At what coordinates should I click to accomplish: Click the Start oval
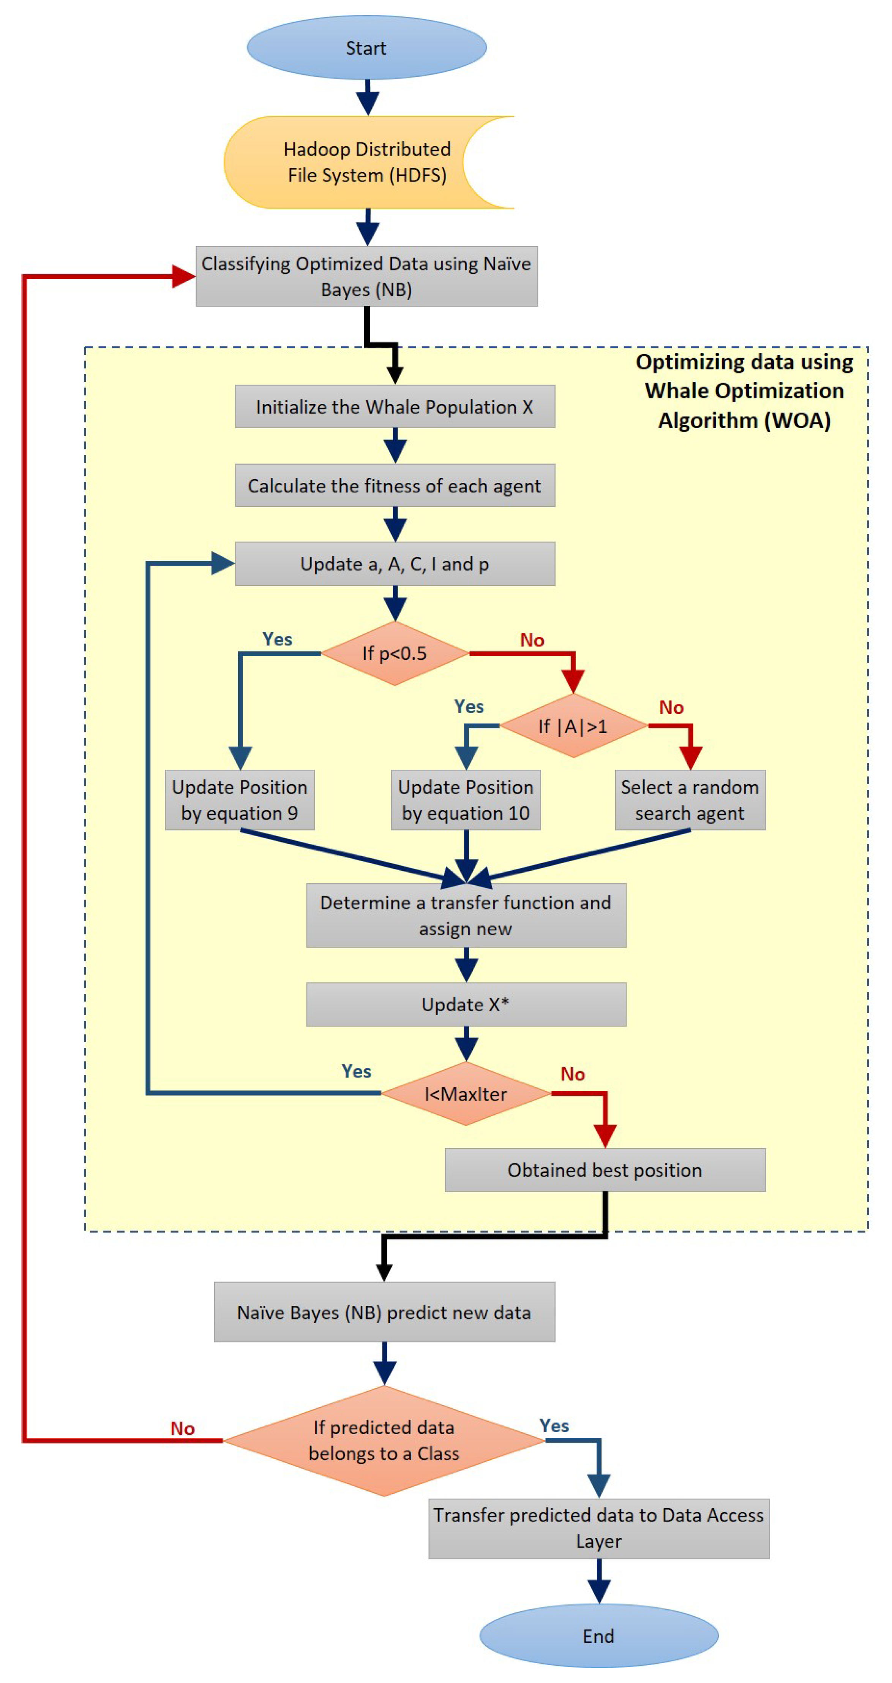pyautogui.click(x=366, y=48)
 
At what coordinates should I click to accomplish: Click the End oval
pyautogui.click(x=599, y=1635)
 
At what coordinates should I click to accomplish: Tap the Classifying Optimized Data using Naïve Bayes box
pyautogui.click(x=366, y=276)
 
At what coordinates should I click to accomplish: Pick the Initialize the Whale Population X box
pyautogui.click(x=395, y=407)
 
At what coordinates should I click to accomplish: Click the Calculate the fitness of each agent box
pyautogui.click(x=395, y=486)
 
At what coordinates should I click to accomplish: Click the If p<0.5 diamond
pyautogui.click(x=395, y=653)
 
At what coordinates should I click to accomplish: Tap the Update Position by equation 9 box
pyautogui.click(x=240, y=800)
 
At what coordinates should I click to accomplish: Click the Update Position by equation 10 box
pyautogui.click(x=466, y=800)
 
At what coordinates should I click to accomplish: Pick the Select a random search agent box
pyautogui.click(x=690, y=800)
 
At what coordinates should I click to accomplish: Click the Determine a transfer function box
pyautogui.click(x=466, y=915)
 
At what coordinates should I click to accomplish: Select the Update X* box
pyautogui.click(x=466, y=1004)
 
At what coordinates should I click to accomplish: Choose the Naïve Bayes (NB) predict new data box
pyautogui.click(x=385, y=1312)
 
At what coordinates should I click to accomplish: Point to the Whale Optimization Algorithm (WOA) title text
pyautogui.click(x=744, y=391)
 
